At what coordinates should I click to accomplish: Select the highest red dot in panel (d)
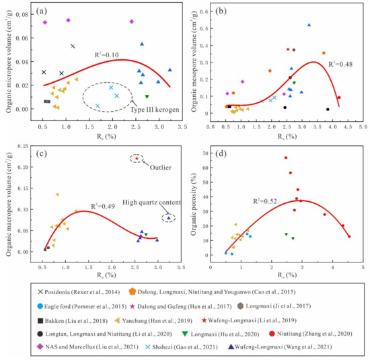coord(286,157)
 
